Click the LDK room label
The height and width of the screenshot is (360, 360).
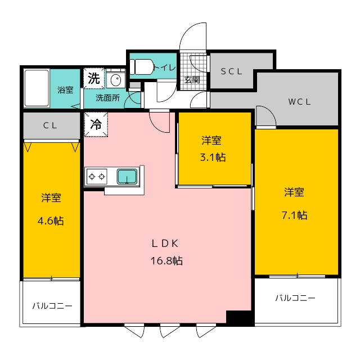pos(165,244)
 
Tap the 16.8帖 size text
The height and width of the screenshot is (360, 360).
pos(166,261)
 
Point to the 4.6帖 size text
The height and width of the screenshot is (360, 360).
pos(51,220)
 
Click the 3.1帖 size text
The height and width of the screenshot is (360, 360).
pos(213,157)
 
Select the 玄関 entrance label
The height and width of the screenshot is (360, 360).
pos(192,79)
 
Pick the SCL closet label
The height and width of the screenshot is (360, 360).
pos(231,71)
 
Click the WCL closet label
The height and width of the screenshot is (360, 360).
pos(300,102)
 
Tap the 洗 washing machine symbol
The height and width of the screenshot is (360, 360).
pos(93,78)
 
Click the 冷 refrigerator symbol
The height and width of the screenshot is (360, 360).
pos(96,124)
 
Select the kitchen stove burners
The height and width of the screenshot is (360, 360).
pos(96,177)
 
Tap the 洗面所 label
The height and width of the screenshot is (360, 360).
pos(107,97)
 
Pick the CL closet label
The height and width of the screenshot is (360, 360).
pos(50,126)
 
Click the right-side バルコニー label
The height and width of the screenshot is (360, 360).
pos(295,298)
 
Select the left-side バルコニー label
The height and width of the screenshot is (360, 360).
pos(52,306)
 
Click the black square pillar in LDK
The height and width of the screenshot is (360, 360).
pos(238,317)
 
